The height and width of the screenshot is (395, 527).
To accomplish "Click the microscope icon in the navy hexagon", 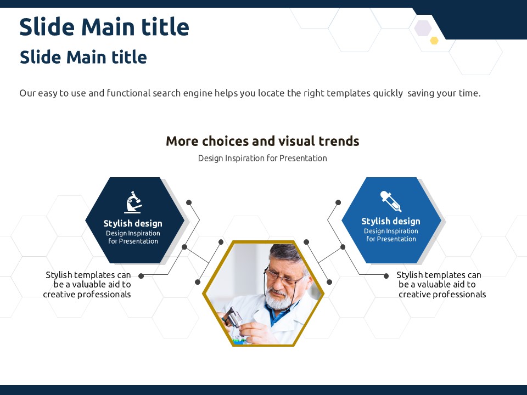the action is (133, 202).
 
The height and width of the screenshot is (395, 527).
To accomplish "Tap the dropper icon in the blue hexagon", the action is (391, 201).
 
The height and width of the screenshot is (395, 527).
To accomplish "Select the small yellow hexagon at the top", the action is (434, 41).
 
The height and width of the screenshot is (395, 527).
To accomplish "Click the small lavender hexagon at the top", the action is (423, 28).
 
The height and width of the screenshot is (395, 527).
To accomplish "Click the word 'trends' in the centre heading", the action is (339, 141).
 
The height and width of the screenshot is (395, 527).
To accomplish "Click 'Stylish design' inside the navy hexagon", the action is (133, 223).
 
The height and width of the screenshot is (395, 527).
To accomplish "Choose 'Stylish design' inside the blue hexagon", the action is (391, 221).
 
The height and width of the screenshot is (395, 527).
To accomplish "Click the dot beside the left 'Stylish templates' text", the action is (141, 276).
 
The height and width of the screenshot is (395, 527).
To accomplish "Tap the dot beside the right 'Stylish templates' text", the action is (386, 276).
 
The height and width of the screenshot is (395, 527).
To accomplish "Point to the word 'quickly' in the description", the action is (388, 93).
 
